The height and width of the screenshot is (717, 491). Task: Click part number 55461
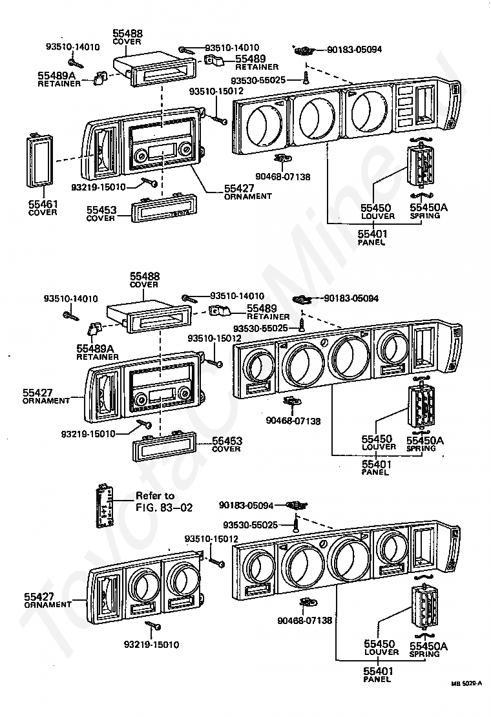[43, 204]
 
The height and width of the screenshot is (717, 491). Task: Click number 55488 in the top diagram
[127, 33]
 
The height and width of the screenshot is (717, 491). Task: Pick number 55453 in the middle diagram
[227, 441]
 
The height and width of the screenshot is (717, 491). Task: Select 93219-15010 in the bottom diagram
[152, 644]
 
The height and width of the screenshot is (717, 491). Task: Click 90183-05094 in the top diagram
[354, 49]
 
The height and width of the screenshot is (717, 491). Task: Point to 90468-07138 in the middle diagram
[293, 421]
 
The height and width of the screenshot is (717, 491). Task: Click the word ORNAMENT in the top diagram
[248, 196]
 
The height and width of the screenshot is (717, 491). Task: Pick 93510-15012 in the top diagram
[216, 91]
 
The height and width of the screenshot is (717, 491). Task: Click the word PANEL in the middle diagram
[375, 472]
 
